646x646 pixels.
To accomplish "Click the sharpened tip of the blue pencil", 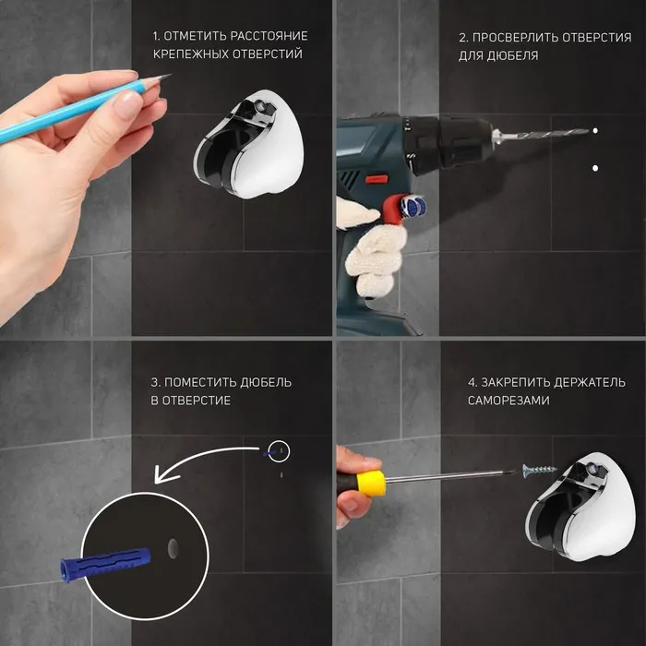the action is pos(170,75).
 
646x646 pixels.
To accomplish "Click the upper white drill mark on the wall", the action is pos(595,131).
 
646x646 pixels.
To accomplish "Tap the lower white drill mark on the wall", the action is pos(595,168).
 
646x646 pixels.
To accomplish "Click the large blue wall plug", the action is pos(105,563).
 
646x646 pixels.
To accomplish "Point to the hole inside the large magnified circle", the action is pos(173,548).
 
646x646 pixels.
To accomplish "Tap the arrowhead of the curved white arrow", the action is pos(165,473).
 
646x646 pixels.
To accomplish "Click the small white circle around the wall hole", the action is pos(279,450).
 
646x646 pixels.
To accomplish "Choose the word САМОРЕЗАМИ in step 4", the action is pos(508,401).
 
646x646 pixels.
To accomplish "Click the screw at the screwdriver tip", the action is pos(539,470).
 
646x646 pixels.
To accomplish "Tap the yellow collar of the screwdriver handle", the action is pos(371,483).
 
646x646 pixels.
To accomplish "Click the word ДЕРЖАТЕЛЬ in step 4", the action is pos(590,382).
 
